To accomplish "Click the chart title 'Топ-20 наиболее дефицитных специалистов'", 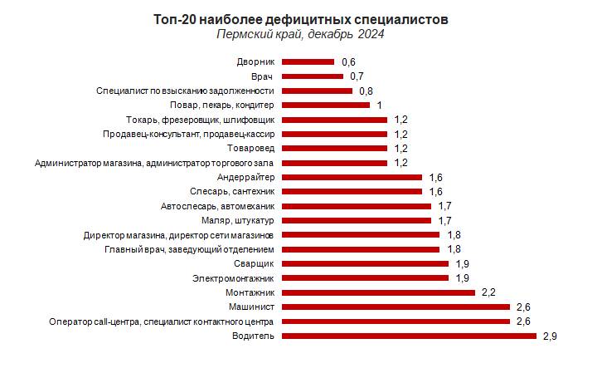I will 301,18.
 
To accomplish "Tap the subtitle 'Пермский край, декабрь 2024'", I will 301,34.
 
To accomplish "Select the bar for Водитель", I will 409,336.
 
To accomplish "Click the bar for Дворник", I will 308,61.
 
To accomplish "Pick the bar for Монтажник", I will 378,292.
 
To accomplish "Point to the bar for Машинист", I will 396,307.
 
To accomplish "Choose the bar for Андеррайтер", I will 352,177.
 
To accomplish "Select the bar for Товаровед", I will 334,148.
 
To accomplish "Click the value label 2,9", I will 551,336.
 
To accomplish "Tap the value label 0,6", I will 348,61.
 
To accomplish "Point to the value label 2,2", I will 488,292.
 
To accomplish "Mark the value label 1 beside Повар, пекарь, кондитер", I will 379,105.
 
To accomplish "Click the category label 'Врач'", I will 264,76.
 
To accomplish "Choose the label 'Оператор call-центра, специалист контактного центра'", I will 162,321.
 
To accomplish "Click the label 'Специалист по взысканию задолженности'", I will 186,91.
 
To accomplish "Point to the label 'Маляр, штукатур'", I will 238,220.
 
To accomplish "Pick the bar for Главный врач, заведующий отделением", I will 360,249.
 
